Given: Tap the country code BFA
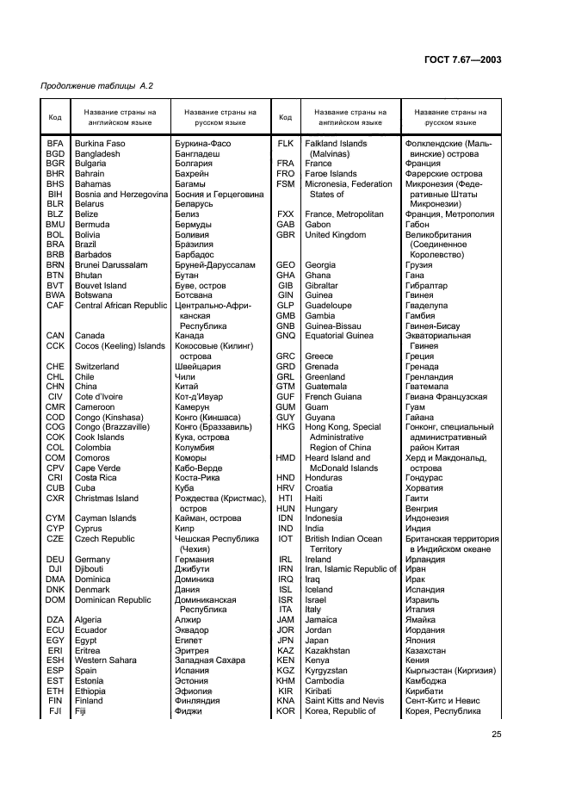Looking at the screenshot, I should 55,143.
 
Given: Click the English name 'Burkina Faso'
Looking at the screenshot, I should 100,143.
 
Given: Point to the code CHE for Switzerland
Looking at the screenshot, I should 55,366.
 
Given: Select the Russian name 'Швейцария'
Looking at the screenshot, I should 197,366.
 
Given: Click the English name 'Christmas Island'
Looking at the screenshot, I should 107,498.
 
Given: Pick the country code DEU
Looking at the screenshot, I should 55,559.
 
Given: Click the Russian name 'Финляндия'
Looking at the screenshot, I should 198,700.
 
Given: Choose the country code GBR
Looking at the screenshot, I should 286,234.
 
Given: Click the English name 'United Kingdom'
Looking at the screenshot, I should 336,234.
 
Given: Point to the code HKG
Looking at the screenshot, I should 286,427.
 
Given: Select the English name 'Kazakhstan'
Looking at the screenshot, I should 328,650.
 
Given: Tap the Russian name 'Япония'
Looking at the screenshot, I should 421,640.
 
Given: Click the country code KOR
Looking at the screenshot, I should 286,710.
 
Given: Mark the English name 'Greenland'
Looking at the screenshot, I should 325,376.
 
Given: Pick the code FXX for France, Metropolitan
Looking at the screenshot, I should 286,214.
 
